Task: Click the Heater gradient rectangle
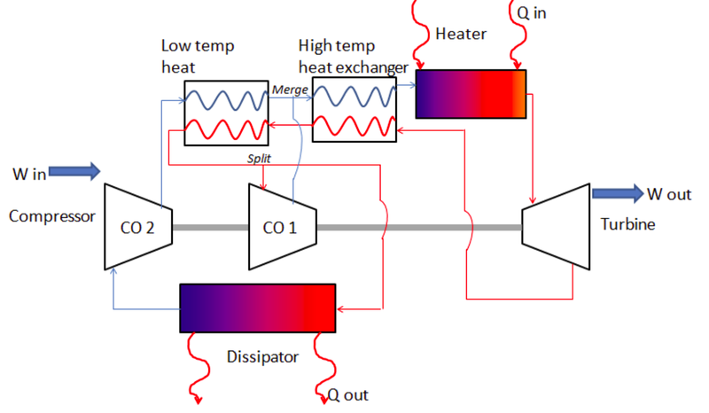click(x=471, y=94)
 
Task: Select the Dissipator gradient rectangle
click(x=257, y=308)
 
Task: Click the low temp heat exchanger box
click(x=225, y=113)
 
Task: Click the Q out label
click(x=347, y=394)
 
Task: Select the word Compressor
click(x=51, y=215)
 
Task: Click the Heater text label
click(x=462, y=34)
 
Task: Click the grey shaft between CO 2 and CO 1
click(x=209, y=228)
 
